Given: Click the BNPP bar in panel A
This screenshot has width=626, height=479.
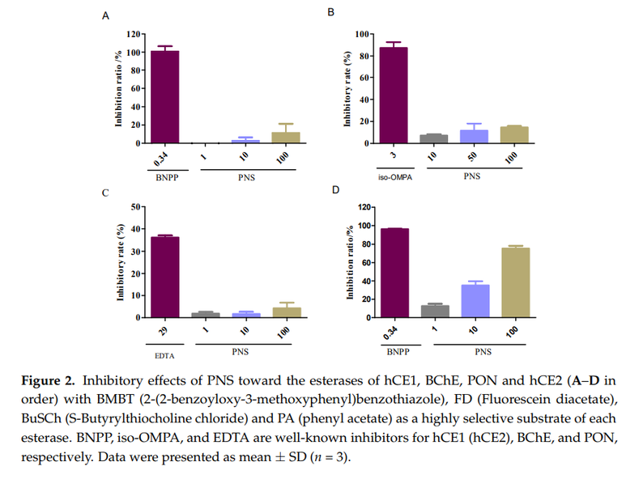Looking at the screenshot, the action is (x=165, y=97).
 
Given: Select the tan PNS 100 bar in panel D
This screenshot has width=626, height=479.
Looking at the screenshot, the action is (x=515, y=282).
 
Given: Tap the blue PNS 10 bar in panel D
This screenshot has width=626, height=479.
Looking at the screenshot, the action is (x=475, y=301).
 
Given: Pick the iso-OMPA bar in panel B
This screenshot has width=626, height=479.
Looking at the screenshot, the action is (x=394, y=95).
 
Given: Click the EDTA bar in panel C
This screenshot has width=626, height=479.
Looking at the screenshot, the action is (x=165, y=278).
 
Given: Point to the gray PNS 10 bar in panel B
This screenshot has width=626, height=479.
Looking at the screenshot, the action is (x=433, y=139).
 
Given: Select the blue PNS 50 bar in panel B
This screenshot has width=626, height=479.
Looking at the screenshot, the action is (x=474, y=137).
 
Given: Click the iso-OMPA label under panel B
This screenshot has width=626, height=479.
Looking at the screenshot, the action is (x=395, y=177).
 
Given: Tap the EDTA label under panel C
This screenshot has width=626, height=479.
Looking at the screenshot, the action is (x=164, y=356).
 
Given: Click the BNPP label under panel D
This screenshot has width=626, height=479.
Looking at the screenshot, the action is (x=398, y=352).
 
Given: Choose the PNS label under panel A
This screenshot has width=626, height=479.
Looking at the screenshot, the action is (x=246, y=177).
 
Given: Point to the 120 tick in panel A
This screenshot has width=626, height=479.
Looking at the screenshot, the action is (x=134, y=34).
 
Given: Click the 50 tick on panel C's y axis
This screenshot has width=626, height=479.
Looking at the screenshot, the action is (x=135, y=207).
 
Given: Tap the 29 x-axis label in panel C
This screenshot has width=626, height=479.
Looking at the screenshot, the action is (x=163, y=331).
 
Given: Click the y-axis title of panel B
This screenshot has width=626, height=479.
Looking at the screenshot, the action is (x=347, y=89).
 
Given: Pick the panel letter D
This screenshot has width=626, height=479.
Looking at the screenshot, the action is (x=335, y=190).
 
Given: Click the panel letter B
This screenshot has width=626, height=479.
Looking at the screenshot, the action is (x=330, y=12).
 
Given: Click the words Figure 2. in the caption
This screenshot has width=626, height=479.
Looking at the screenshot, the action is (x=48, y=381).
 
